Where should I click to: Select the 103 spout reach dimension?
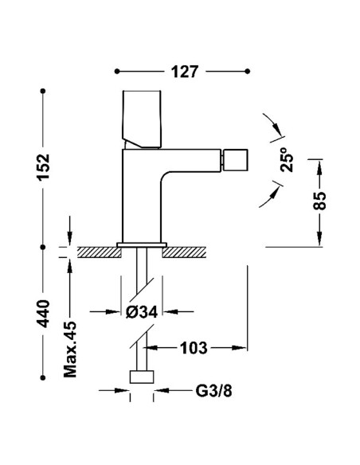(195, 347)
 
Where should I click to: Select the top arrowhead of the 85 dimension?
(320, 164)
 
